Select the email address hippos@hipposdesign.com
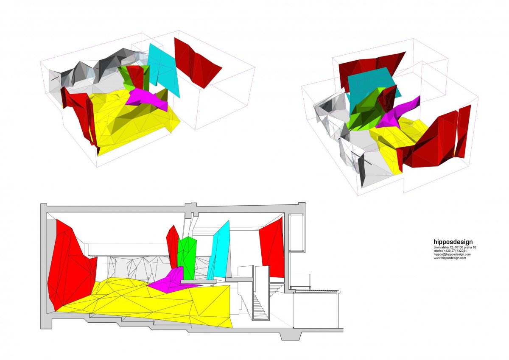click(452, 254)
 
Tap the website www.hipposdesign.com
click(450, 258)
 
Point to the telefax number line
click(450, 251)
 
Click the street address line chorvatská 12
click(455, 247)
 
